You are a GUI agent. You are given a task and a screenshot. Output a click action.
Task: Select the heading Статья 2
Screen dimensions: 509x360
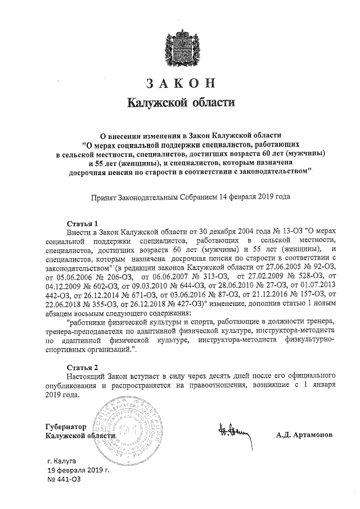[x=82, y=367]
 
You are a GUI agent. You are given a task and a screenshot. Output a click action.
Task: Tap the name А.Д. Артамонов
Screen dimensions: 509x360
[x=304, y=435]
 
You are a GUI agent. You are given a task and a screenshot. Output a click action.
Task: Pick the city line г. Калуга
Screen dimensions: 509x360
[x=63, y=460]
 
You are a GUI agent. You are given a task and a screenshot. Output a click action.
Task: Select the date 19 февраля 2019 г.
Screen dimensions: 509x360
[x=78, y=469]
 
